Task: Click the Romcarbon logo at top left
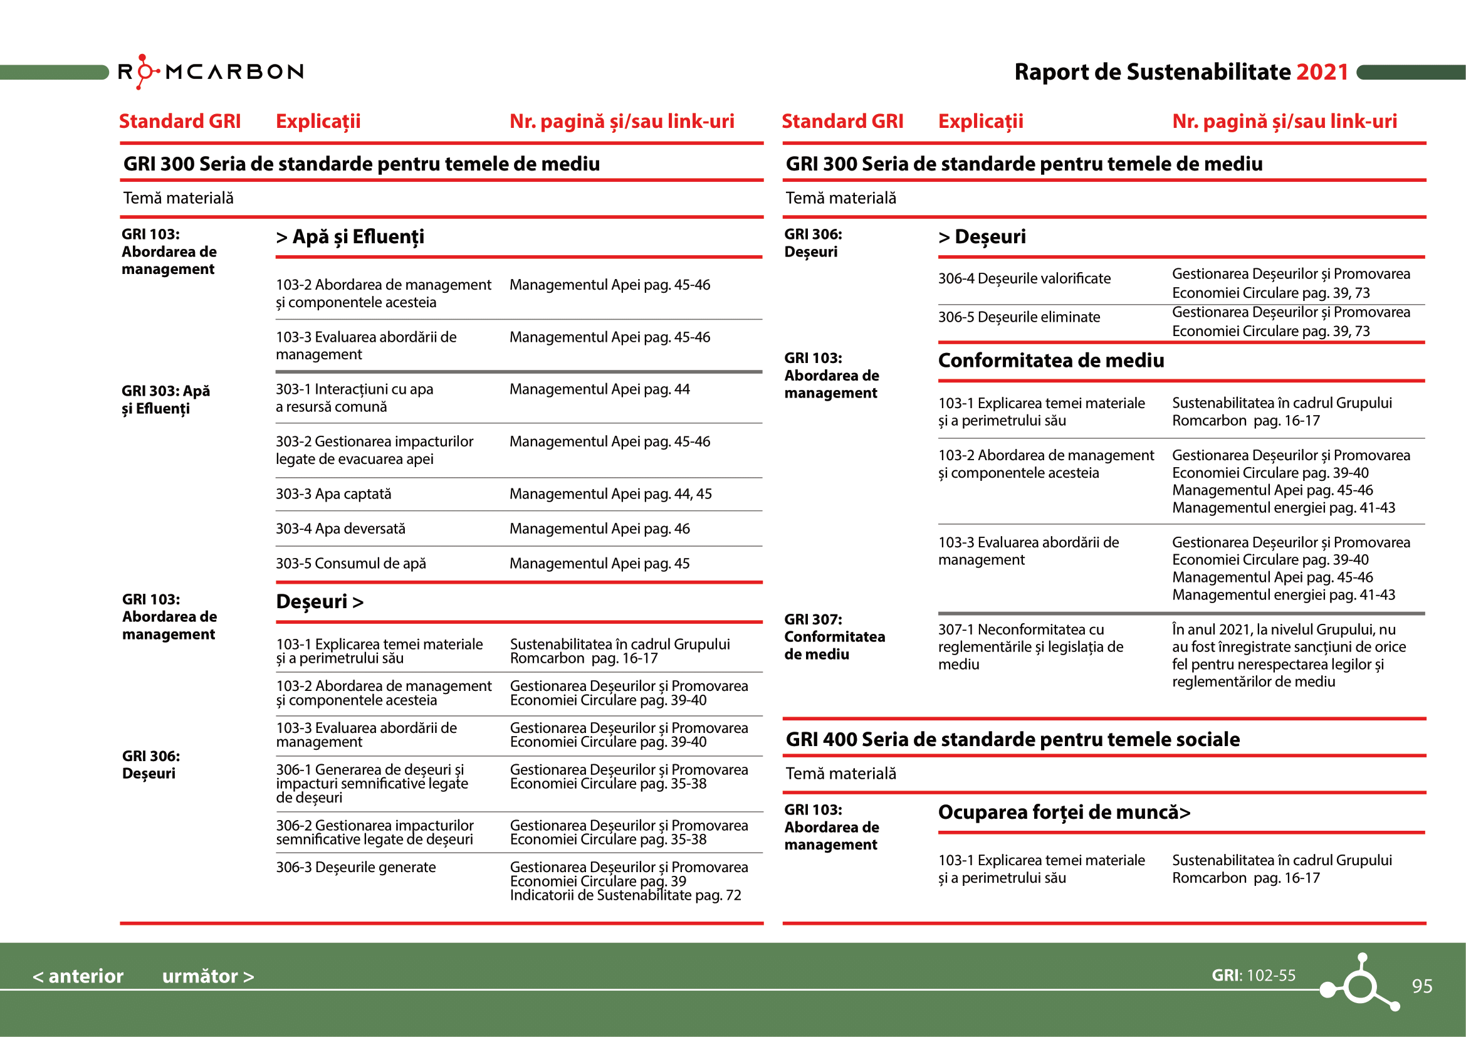click(211, 71)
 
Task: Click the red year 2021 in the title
click(1322, 72)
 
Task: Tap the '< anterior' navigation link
click(78, 976)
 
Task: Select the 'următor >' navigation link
click(207, 976)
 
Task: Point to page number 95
click(1421, 986)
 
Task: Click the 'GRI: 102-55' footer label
click(1254, 975)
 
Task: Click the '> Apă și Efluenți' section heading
click(350, 237)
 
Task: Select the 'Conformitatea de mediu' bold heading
click(1050, 361)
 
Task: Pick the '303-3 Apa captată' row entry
click(333, 493)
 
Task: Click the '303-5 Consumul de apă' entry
click(350, 563)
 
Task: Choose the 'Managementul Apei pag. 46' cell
click(600, 529)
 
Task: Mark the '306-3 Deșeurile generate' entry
click(355, 867)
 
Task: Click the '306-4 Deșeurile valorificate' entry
click(1024, 278)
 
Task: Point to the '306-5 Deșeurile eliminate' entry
click(1019, 317)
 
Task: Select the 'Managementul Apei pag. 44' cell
click(600, 389)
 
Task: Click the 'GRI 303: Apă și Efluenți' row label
click(166, 399)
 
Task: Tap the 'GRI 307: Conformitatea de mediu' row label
click(834, 636)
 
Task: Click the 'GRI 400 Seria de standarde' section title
click(1012, 739)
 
